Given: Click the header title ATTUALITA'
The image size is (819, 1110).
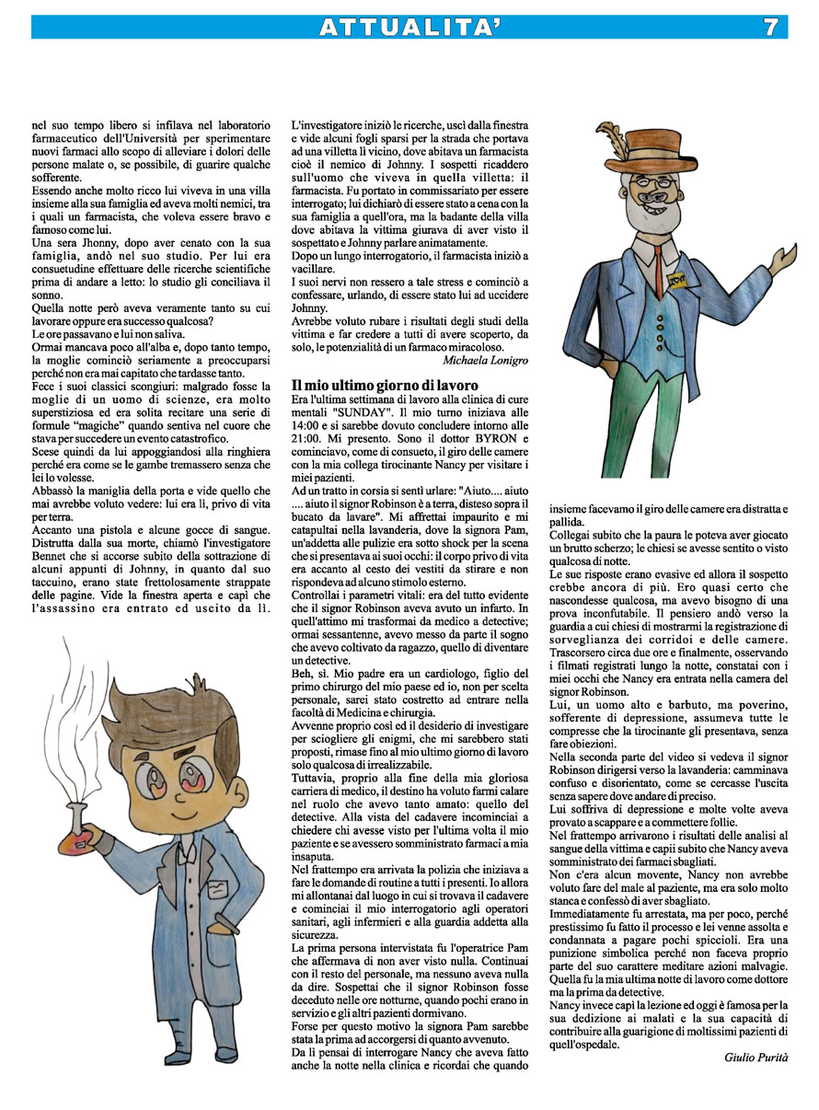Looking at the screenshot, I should tap(409, 28).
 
